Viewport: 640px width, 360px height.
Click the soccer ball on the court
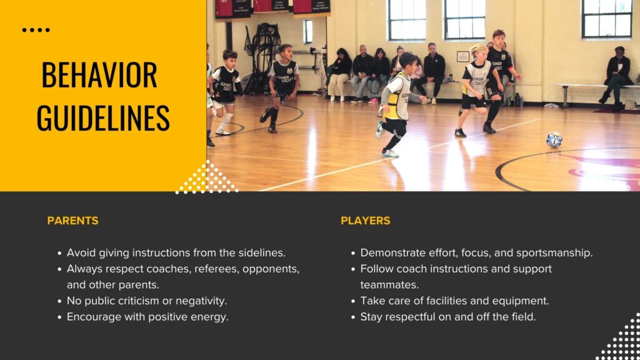tap(554, 140)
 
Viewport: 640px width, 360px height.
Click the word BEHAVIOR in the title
tap(99, 75)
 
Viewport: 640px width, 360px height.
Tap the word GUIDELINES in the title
tap(103, 117)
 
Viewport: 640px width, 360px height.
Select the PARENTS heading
tap(72, 221)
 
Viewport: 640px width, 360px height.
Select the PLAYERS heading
tap(365, 221)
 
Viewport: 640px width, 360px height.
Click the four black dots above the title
tap(36, 30)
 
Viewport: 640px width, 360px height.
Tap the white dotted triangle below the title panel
tap(207, 177)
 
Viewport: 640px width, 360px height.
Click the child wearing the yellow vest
tap(394, 104)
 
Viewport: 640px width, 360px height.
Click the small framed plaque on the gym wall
tap(463, 57)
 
